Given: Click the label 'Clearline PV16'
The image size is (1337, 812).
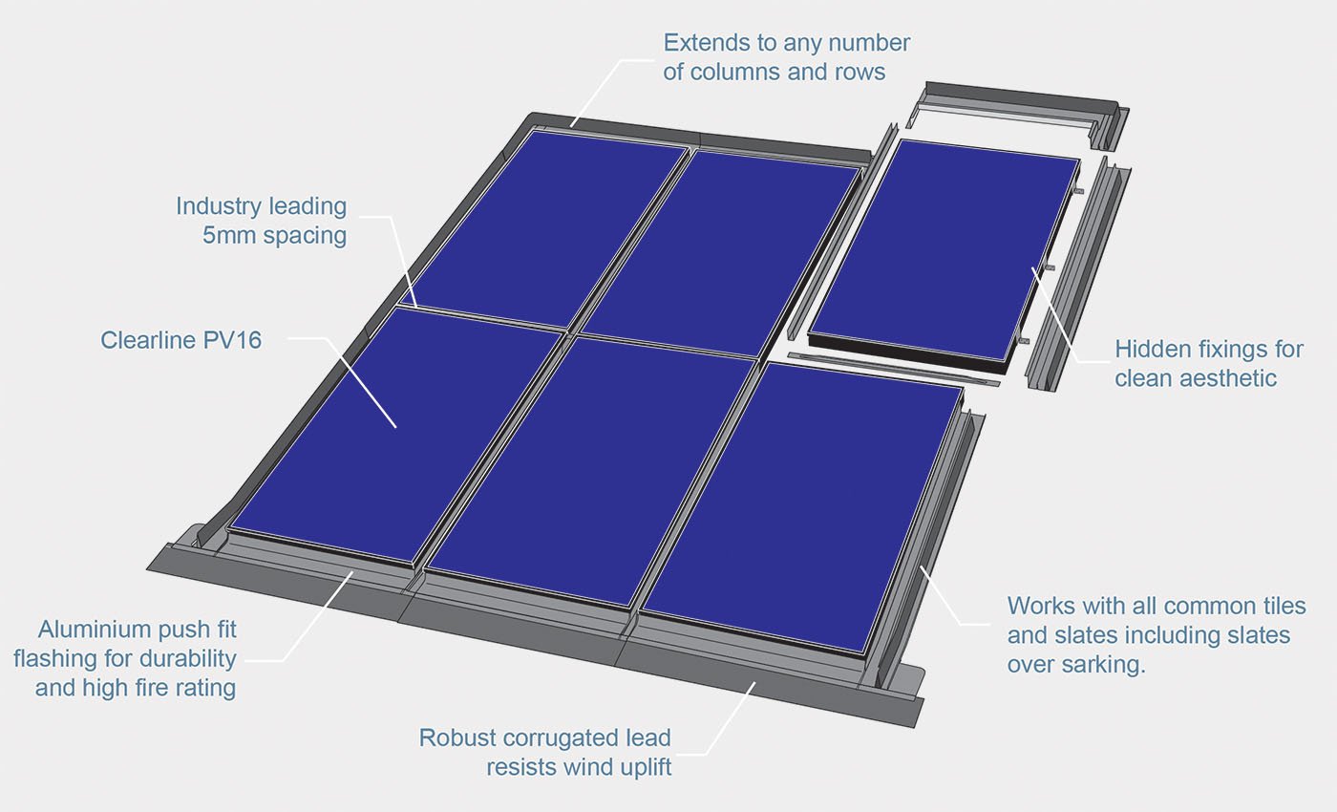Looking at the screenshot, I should tap(180, 340).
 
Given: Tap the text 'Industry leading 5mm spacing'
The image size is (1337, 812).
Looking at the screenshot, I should tap(261, 221).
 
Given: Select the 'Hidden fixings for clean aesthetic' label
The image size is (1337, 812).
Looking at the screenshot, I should tap(1208, 363).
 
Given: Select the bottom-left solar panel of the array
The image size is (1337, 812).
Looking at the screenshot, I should tap(395, 435).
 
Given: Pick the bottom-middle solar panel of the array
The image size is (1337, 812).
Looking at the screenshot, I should tap(592, 468).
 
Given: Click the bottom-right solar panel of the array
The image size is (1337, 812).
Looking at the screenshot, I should tap(802, 506).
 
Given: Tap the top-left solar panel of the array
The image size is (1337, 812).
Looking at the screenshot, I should tap(544, 224).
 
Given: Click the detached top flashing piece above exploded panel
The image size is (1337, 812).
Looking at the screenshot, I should tap(1017, 107).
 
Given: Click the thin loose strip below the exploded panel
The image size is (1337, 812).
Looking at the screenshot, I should tap(893, 369).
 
